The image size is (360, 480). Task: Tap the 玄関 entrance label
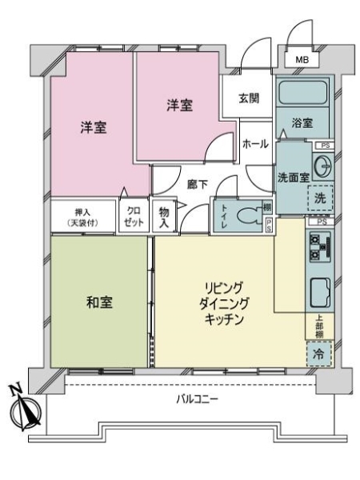coord(249,99)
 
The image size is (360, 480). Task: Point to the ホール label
coord(254,145)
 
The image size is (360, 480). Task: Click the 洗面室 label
coord(294,177)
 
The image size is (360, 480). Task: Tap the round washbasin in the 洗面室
coord(323,167)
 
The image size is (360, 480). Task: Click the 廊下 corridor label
coord(198,183)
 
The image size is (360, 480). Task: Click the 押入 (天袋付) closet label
coord(82,217)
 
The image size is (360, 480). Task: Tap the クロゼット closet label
coord(131,217)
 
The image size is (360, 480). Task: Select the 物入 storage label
coord(163,217)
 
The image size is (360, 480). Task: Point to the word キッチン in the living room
coord(223,319)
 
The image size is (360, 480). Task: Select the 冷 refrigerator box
coord(319,352)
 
